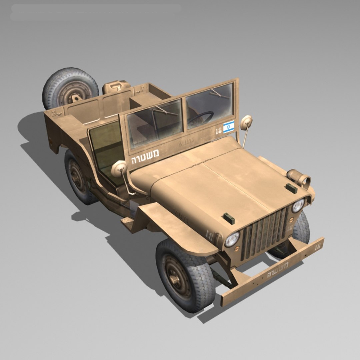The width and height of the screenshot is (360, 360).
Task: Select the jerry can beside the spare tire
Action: [116, 87]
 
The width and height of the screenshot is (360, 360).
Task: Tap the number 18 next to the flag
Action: [218, 130]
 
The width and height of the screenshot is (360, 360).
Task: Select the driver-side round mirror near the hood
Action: [119, 168]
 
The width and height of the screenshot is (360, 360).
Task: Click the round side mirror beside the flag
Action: [246, 122]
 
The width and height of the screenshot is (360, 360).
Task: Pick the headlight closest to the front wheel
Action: [232, 239]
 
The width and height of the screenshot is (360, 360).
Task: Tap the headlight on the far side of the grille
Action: [298, 206]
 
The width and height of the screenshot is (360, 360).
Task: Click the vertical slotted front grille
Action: [265, 233]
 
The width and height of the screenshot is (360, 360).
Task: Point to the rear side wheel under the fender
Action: [78, 178]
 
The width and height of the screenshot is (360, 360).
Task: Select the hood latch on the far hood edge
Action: [291, 188]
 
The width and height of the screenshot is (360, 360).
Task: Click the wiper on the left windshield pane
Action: [165, 110]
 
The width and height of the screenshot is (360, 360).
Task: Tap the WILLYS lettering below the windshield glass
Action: [185, 144]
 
